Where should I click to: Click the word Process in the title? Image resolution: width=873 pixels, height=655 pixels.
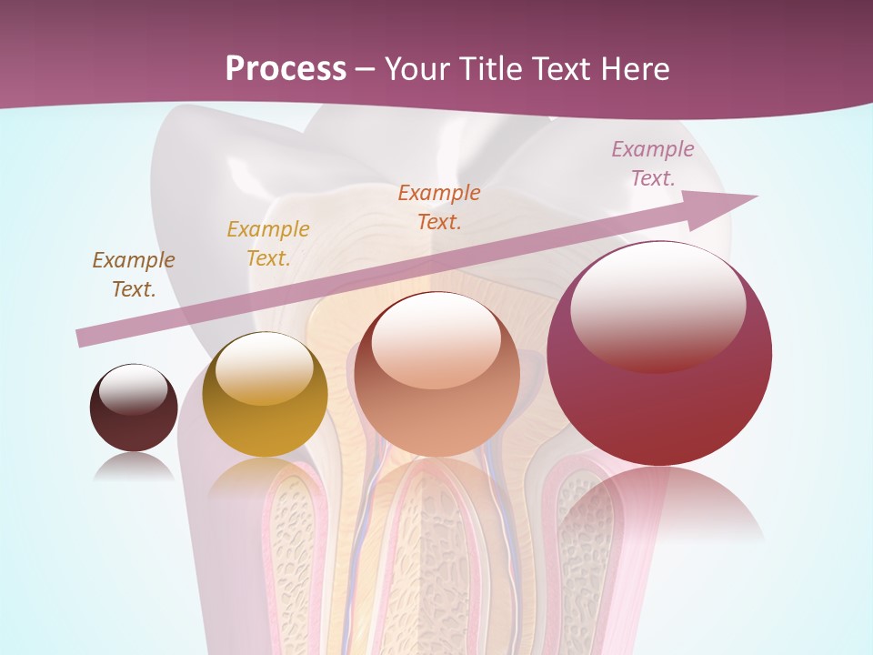[x=286, y=69]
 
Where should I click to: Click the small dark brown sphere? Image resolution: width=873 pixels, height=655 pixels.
[x=134, y=408]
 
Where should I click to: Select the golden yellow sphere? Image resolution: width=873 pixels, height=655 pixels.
[x=265, y=396]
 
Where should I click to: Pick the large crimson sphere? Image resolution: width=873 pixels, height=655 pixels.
[x=659, y=354]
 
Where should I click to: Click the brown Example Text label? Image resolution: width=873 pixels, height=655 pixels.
[x=134, y=275]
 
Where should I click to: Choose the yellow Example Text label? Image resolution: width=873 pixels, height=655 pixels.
[x=267, y=244]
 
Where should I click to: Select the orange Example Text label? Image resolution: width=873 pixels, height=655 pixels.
[x=439, y=207]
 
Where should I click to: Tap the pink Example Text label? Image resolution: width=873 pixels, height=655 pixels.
[x=653, y=164]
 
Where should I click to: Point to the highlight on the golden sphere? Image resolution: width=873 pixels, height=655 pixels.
[x=264, y=369]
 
